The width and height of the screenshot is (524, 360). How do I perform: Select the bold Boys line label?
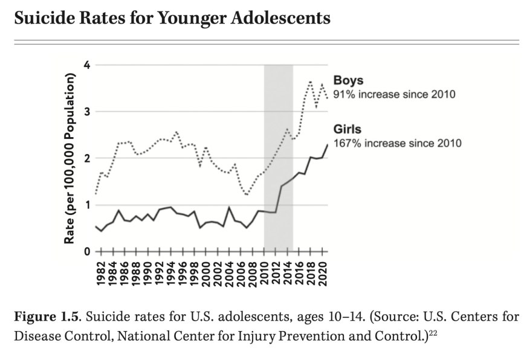coord(348,80)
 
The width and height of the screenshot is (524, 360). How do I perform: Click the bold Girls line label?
coord(347,129)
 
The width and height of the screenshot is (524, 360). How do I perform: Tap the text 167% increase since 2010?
coord(397,143)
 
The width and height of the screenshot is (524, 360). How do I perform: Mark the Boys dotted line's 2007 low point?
coord(247,194)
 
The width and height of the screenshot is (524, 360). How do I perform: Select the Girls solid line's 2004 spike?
coord(229,207)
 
